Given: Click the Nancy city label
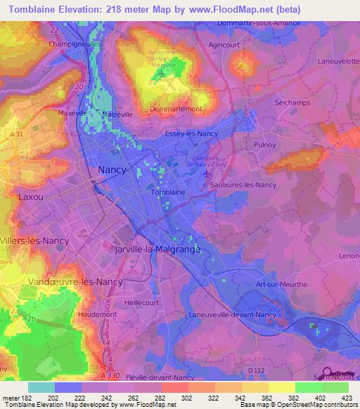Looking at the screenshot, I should pos(112,170).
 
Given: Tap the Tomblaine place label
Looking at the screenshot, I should pos(168,192).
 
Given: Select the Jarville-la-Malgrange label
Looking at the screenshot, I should pos(157,249).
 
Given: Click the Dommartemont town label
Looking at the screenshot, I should pos(176,109).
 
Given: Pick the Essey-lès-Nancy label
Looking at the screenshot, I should pos(192,134).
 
